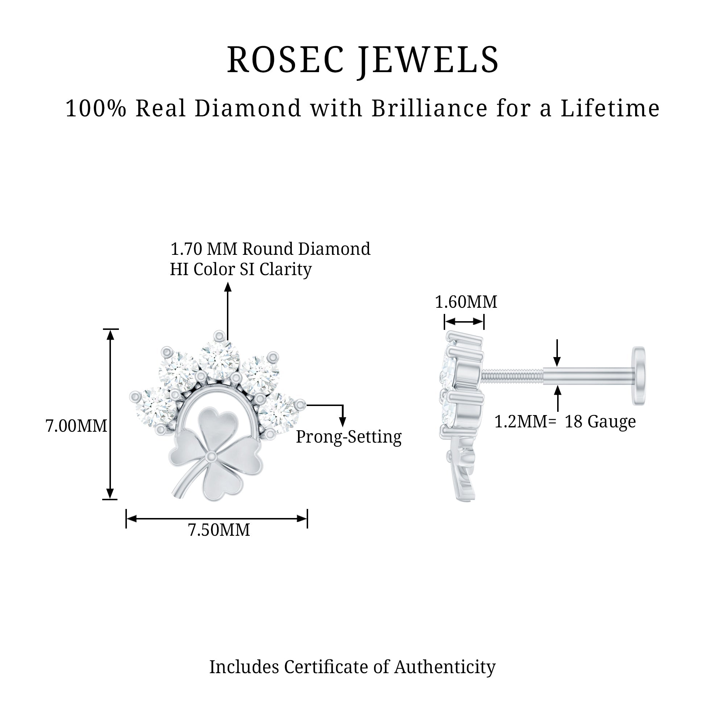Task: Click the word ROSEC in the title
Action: (285, 60)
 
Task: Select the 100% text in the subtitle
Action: (96, 108)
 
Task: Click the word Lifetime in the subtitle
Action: (610, 108)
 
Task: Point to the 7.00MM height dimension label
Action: (76, 426)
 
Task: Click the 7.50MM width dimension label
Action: (219, 530)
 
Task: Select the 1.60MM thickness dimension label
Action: (466, 302)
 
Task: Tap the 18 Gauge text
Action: (600, 422)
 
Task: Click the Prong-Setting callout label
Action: (349, 437)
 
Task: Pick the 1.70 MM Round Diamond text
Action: (270, 249)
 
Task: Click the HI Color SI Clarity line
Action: (241, 269)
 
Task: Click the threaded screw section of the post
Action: (512, 376)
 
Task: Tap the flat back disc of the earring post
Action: (639, 376)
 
